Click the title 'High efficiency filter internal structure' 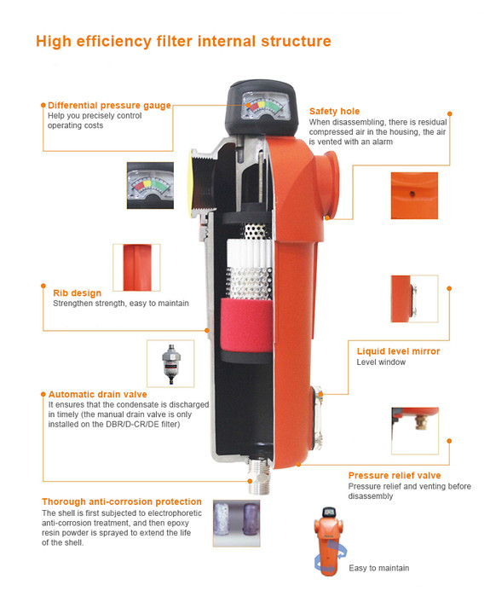tap(183, 42)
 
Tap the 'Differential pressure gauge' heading tap(109, 106)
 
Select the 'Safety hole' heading tap(334, 111)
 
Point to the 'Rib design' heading tap(77, 293)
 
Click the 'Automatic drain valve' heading tap(98, 394)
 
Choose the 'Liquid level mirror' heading tap(399, 351)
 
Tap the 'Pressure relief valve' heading tap(395, 475)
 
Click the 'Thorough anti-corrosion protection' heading tap(122, 501)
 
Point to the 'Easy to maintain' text tap(379, 568)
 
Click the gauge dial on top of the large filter tap(266, 106)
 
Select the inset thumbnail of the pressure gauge tap(150, 185)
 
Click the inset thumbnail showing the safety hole tap(414, 195)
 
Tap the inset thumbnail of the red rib tap(136, 268)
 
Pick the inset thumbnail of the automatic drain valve tap(170, 363)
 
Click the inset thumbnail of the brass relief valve tap(415, 431)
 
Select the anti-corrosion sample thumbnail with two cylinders tap(236, 523)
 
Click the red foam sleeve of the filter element tap(246, 326)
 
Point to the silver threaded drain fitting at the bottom tap(259, 475)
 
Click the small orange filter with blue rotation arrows tap(330, 542)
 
